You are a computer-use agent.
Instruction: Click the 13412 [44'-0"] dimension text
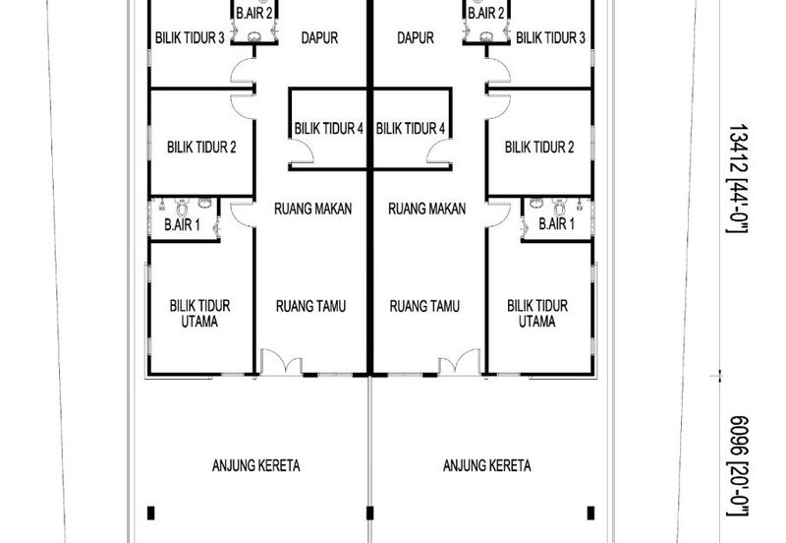(x=738, y=178)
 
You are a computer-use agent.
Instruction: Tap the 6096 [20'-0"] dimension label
(x=738, y=465)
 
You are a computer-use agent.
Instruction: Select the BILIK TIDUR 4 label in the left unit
(x=328, y=129)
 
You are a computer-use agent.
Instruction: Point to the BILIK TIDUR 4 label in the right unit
(x=411, y=129)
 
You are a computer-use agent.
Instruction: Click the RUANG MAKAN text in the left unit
(x=312, y=209)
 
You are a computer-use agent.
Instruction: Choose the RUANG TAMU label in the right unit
(x=424, y=306)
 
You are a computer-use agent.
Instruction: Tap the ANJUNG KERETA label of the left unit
(x=256, y=465)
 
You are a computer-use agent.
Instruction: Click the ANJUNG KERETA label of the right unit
(x=486, y=465)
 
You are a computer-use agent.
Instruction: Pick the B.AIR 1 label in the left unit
(x=182, y=224)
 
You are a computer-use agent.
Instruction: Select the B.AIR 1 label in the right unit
(x=556, y=223)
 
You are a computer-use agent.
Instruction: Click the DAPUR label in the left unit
(x=319, y=37)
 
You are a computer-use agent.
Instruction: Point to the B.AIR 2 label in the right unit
(x=485, y=13)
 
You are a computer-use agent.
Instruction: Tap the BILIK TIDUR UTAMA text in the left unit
(x=199, y=313)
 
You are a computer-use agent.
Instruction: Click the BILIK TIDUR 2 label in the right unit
(x=538, y=147)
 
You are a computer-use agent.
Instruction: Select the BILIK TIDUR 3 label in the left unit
(x=190, y=37)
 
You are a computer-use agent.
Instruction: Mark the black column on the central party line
(x=370, y=513)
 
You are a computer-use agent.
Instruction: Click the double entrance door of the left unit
(x=281, y=362)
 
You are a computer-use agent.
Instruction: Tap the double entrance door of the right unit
(x=459, y=362)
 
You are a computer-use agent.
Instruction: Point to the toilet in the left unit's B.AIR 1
(x=182, y=207)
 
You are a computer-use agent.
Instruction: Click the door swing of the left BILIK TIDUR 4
(x=303, y=151)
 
